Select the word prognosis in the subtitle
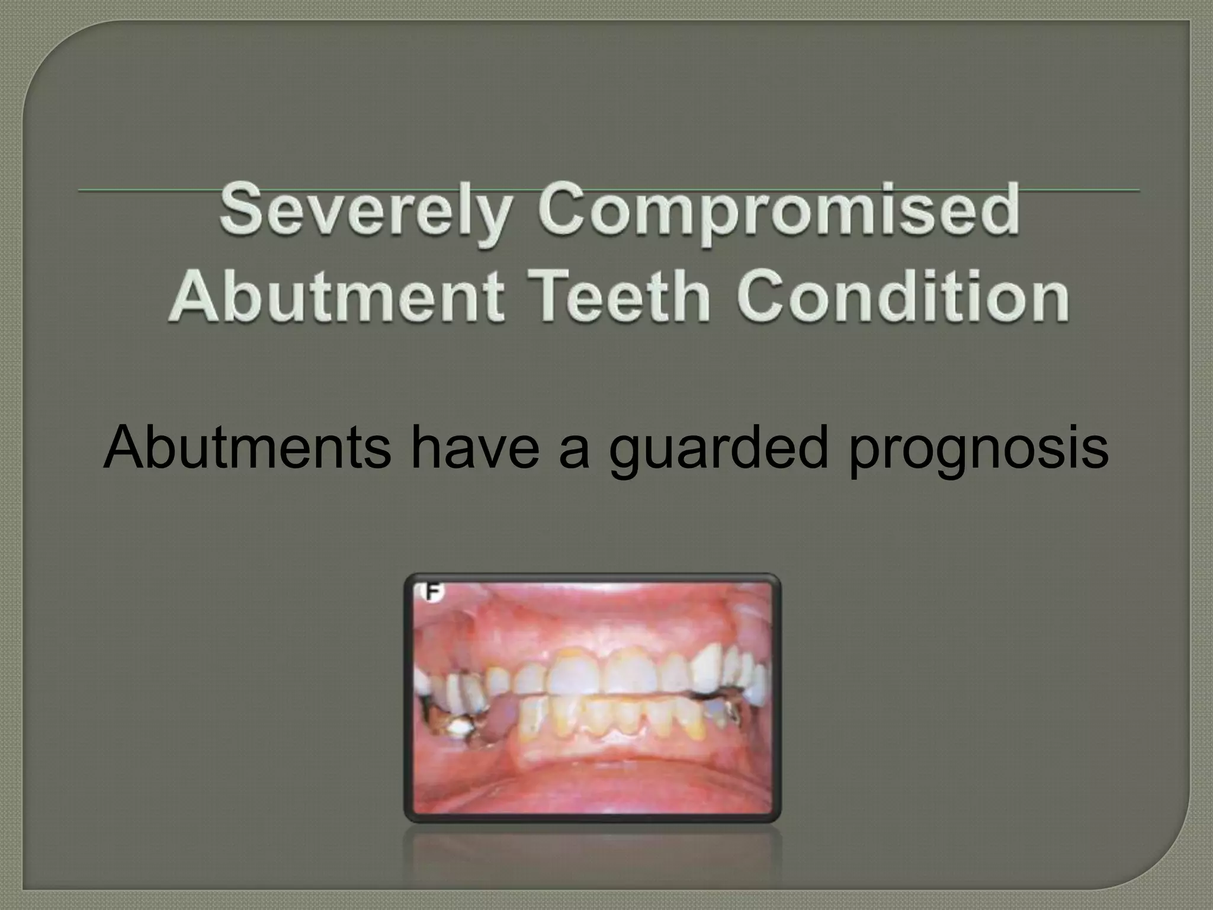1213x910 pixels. coord(978,447)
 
